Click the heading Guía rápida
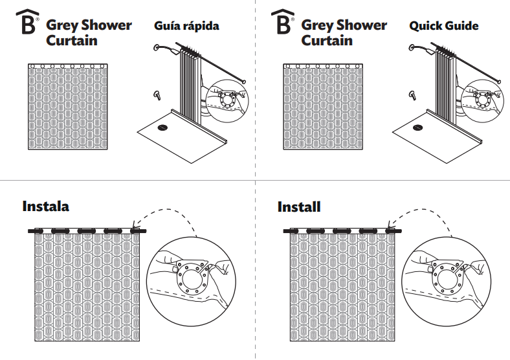(186, 27)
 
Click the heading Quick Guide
(443, 27)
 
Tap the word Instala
(45, 207)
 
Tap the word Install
(299, 207)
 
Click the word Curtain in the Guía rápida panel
(72, 40)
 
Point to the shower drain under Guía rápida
(162, 127)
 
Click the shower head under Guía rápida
(157, 47)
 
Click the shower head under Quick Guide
(413, 47)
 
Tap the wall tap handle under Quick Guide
(412, 96)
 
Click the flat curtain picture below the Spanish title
(67, 107)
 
